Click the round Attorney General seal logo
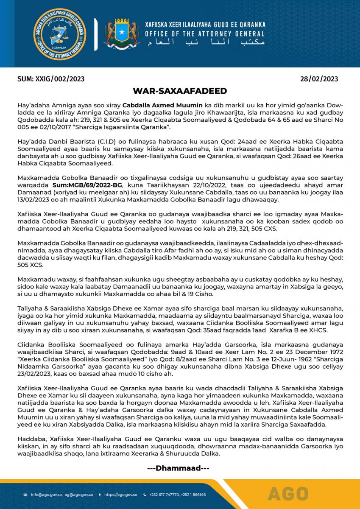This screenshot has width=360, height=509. (60, 34)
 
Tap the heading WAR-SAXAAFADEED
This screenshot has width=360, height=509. (180, 91)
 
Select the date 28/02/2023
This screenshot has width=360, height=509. (319, 79)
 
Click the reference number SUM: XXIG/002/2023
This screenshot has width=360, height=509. (51, 79)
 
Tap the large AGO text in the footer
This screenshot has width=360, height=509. (288, 494)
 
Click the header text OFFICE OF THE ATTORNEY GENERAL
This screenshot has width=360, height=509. (205, 34)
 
